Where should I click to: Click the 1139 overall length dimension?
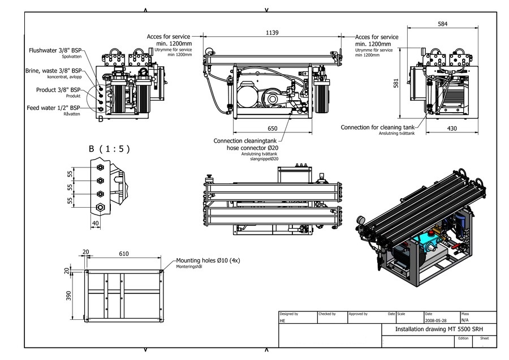272,33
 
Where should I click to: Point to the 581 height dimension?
396,83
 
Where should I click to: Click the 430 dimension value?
452,128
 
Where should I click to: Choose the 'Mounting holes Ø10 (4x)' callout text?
208,260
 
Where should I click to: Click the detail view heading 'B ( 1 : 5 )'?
109,149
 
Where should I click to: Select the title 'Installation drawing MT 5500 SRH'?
438,329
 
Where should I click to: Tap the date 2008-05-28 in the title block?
436,320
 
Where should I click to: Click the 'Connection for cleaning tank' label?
378,127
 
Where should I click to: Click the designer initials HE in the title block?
283,320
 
